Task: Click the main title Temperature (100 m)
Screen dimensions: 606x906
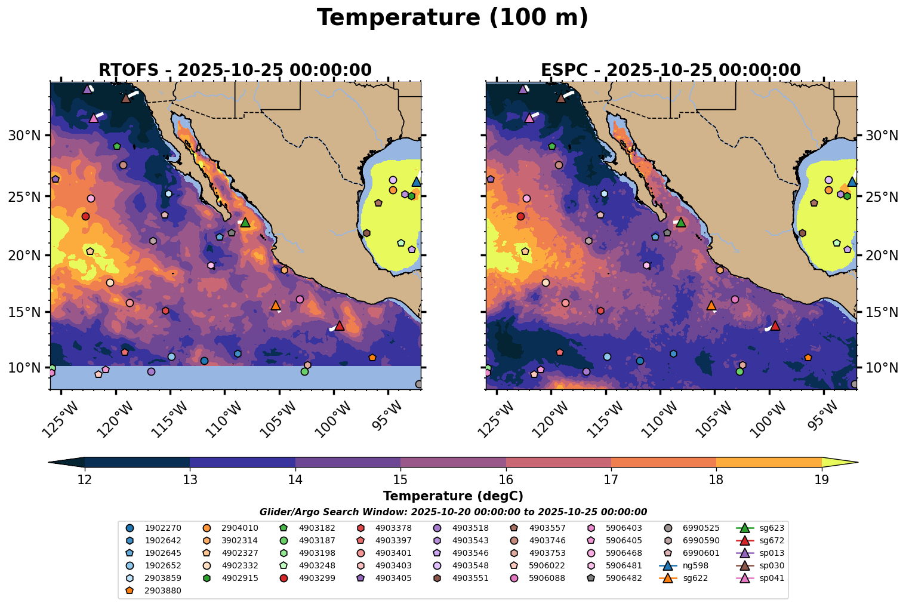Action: pyautogui.click(x=452, y=18)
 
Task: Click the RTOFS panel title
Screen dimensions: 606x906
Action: pyautogui.click(x=235, y=70)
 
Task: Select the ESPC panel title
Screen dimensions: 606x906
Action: pyautogui.click(x=670, y=70)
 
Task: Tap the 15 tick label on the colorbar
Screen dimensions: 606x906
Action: pyautogui.click(x=400, y=479)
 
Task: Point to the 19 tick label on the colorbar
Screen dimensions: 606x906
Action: pyautogui.click(x=821, y=479)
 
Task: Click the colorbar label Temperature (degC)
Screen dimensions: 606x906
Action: pyautogui.click(x=452, y=496)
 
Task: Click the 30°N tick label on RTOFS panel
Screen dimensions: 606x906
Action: pyautogui.click(x=24, y=136)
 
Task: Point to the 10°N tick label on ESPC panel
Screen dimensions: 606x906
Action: pyautogui.click(x=882, y=368)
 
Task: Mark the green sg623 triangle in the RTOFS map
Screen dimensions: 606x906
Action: pyautogui.click(x=245, y=222)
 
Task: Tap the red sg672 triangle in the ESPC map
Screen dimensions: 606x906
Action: pyautogui.click(x=775, y=325)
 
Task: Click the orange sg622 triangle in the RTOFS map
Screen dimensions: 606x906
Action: pyautogui.click(x=275, y=305)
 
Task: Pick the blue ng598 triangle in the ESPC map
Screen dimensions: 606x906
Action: pyautogui.click(x=852, y=182)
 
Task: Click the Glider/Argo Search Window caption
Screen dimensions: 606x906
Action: pyautogui.click(x=452, y=512)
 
